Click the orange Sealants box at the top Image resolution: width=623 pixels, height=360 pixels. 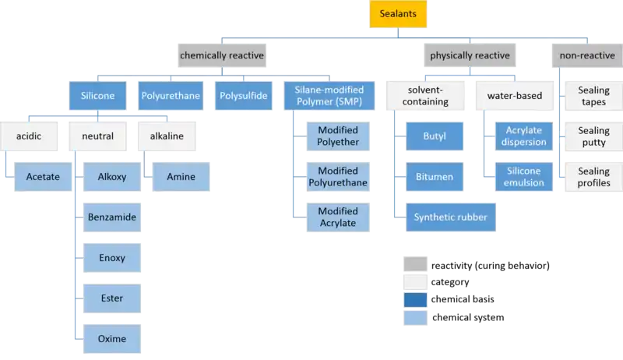397,15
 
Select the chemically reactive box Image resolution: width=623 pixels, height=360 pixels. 222,55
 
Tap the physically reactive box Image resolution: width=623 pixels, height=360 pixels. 470,55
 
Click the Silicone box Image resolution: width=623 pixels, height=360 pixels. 97,97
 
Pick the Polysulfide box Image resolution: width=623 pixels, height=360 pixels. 242,97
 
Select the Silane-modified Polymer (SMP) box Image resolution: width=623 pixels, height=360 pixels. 329,97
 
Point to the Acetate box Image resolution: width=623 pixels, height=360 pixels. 44,177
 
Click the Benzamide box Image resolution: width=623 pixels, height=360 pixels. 112,217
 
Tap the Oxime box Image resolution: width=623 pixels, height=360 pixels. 112,339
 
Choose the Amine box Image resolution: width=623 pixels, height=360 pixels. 181,177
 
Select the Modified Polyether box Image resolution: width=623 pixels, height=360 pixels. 337,136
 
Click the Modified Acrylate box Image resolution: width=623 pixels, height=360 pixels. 337,217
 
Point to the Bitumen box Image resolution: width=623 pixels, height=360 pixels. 435,177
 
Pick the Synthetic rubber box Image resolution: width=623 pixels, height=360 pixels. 450,217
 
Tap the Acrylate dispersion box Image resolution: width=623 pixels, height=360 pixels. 523,136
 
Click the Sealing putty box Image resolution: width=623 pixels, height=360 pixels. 593,136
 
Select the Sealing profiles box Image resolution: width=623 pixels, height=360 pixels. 593,177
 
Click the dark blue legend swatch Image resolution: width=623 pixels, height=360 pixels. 415,300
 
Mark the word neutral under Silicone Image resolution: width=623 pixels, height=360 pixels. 97,136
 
